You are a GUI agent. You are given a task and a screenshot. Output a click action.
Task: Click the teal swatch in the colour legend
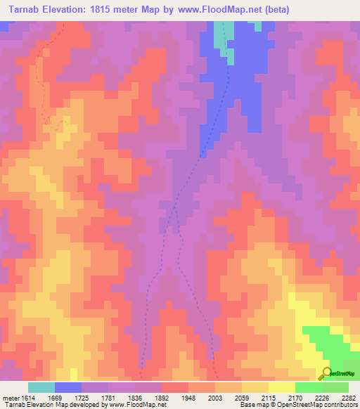click(x=41, y=387)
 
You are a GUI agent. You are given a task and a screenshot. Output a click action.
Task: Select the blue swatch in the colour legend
click(x=68, y=387)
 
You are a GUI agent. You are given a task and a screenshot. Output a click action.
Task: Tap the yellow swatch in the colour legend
click(x=281, y=387)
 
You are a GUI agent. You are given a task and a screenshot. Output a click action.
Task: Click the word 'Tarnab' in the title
click(x=22, y=10)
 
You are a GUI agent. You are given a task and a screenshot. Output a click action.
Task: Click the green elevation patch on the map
click(x=330, y=344)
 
